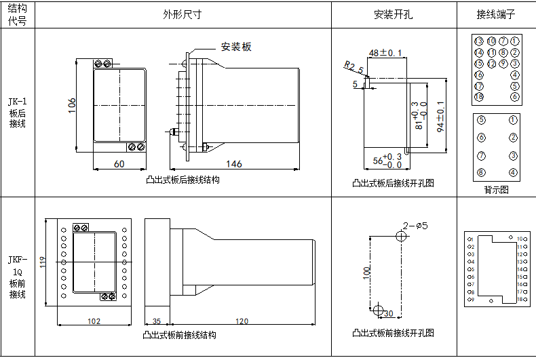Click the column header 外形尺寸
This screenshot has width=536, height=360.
tap(182, 14)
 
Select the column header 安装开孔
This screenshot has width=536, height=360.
tap(393, 14)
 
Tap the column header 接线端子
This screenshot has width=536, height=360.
tap(496, 14)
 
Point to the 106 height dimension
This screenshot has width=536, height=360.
tap(72, 106)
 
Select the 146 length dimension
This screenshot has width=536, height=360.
tap(233, 163)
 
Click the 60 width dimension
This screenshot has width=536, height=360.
tap(119, 163)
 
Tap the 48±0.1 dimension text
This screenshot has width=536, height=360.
tap(385, 52)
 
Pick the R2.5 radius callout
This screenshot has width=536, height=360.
tap(353, 68)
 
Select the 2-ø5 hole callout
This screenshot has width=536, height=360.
tap(415, 226)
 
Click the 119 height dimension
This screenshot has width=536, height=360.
tap(42, 262)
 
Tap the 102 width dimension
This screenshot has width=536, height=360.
tap(94, 321)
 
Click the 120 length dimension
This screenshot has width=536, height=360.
tap(242, 321)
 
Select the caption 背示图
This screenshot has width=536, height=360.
tap(496, 190)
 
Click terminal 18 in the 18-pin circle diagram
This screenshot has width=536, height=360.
tap(479, 97)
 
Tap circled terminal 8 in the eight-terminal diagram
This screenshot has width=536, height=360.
tap(480, 172)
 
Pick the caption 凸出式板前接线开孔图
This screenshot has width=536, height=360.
tap(393, 333)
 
